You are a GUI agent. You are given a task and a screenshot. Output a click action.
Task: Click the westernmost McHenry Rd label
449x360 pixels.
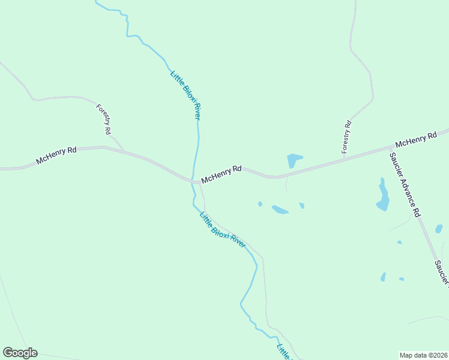[x=56, y=156]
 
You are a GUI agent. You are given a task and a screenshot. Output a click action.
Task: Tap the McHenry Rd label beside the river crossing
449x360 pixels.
[x=221, y=175]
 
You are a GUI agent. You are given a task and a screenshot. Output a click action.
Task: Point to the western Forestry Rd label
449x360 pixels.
[x=104, y=119]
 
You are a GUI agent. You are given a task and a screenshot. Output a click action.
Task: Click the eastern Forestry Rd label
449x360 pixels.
[x=346, y=137]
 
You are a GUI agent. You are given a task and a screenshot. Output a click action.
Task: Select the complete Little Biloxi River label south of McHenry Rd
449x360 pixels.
[x=222, y=231]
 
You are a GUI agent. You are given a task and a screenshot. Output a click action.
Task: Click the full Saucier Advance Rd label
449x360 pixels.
[x=404, y=184]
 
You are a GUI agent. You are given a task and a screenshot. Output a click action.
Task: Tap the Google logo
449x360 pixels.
[x=20, y=353]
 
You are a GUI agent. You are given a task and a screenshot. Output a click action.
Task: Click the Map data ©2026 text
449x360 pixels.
[x=424, y=355]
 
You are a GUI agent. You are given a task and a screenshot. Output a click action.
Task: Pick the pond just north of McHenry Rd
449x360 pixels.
[x=294, y=160]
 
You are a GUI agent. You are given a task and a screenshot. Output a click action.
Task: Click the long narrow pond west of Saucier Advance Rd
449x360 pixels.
[x=382, y=195]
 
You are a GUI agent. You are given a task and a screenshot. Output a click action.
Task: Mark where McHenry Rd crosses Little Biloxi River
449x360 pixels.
[x=194, y=181]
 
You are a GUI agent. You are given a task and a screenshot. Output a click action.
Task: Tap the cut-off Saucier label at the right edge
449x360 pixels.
[x=442, y=273]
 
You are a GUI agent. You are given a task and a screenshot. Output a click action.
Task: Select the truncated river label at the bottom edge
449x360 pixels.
[x=283, y=352]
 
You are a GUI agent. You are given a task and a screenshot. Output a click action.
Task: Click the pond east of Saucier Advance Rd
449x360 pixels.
[x=439, y=229]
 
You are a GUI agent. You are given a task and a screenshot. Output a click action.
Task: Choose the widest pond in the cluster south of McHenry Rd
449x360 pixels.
[x=280, y=209]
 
